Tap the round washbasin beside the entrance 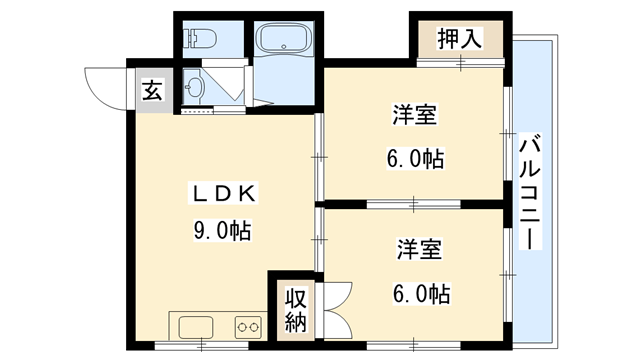pos(193,88)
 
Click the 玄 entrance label pos(151,91)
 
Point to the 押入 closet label pos(460,40)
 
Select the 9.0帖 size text pos(222,230)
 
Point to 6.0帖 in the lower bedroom pos(421,293)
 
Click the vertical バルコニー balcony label pos(529,190)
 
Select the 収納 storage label pos(295,310)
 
